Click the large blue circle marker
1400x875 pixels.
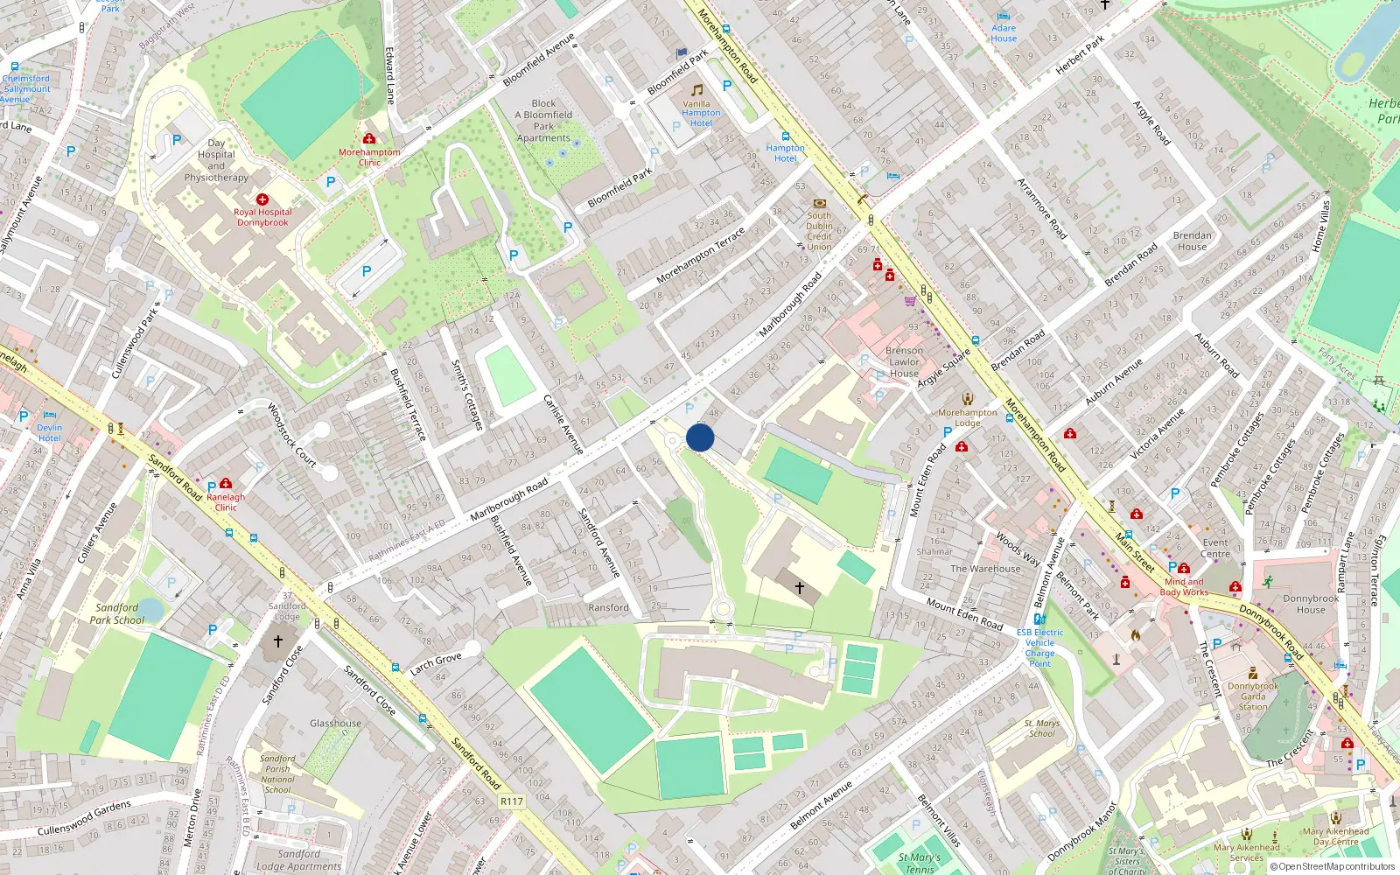[700, 437]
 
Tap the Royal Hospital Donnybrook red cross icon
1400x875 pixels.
[262, 199]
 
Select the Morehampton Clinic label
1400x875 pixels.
[369, 157]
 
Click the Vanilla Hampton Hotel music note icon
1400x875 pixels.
[696, 90]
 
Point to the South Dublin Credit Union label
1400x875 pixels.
[819, 231]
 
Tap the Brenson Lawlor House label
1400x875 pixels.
[904, 361]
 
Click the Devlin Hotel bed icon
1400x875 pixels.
[50, 416]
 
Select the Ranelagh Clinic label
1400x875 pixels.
[226, 502]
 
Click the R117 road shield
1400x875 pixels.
[511, 801]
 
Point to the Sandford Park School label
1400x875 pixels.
[117, 613]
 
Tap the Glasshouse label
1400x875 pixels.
[335, 724]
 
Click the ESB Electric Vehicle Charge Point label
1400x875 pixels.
[1039, 647]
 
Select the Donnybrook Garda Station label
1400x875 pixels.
[1252, 696]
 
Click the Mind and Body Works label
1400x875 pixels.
[1184, 587]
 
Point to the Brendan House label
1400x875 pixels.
[1192, 241]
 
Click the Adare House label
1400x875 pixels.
[1004, 33]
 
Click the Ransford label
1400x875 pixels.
[608, 607]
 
